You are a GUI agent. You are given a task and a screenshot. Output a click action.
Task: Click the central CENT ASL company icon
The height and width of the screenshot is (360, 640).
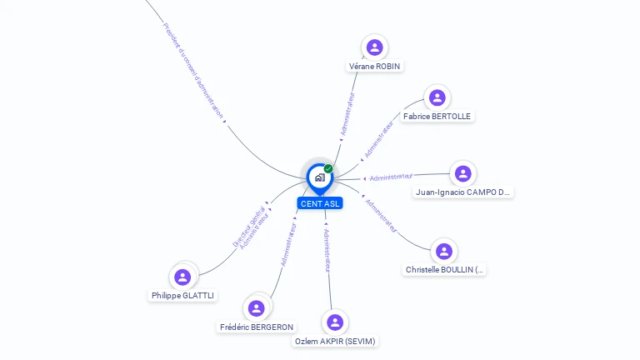(319, 177)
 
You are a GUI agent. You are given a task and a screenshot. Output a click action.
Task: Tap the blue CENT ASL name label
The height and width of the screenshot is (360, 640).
(319, 203)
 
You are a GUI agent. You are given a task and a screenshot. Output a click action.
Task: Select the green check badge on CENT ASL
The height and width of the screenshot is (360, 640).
(328, 168)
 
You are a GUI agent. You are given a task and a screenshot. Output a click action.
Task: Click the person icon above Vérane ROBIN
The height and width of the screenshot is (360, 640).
(374, 47)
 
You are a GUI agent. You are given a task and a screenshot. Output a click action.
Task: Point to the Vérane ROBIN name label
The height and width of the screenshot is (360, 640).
(374, 66)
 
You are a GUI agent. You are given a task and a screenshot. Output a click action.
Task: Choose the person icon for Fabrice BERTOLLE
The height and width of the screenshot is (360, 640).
(437, 97)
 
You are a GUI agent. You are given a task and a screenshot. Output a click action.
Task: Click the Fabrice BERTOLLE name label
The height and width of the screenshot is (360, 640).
(437, 116)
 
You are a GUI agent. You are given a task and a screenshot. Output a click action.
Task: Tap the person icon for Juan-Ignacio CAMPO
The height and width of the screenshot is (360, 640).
(462, 173)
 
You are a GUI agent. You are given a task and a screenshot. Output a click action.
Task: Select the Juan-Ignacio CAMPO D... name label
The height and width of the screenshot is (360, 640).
(463, 192)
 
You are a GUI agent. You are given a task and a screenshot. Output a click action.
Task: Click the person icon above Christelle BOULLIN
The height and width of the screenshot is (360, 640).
(444, 251)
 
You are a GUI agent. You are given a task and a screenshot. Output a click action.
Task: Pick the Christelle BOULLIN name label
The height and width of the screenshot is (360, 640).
(444, 269)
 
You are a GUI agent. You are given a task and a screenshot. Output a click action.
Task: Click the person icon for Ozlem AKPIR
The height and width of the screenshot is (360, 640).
(335, 322)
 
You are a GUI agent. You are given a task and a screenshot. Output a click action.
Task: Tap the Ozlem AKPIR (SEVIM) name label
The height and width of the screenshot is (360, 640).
(336, 341)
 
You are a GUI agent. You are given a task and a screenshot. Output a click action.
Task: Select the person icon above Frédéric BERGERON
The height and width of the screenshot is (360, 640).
(257, 308)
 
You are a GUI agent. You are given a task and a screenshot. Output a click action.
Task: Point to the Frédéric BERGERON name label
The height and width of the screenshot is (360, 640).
(257, 327)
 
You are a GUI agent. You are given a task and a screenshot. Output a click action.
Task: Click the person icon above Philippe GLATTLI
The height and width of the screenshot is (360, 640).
(182, 277)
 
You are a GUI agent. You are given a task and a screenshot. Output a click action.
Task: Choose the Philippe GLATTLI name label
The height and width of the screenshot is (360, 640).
(182, 295)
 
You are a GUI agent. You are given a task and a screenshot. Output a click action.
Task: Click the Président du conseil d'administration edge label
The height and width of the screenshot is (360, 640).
(193, 70)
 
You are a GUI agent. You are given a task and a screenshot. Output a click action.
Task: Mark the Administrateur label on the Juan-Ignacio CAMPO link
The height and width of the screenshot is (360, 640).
(391, 177)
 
